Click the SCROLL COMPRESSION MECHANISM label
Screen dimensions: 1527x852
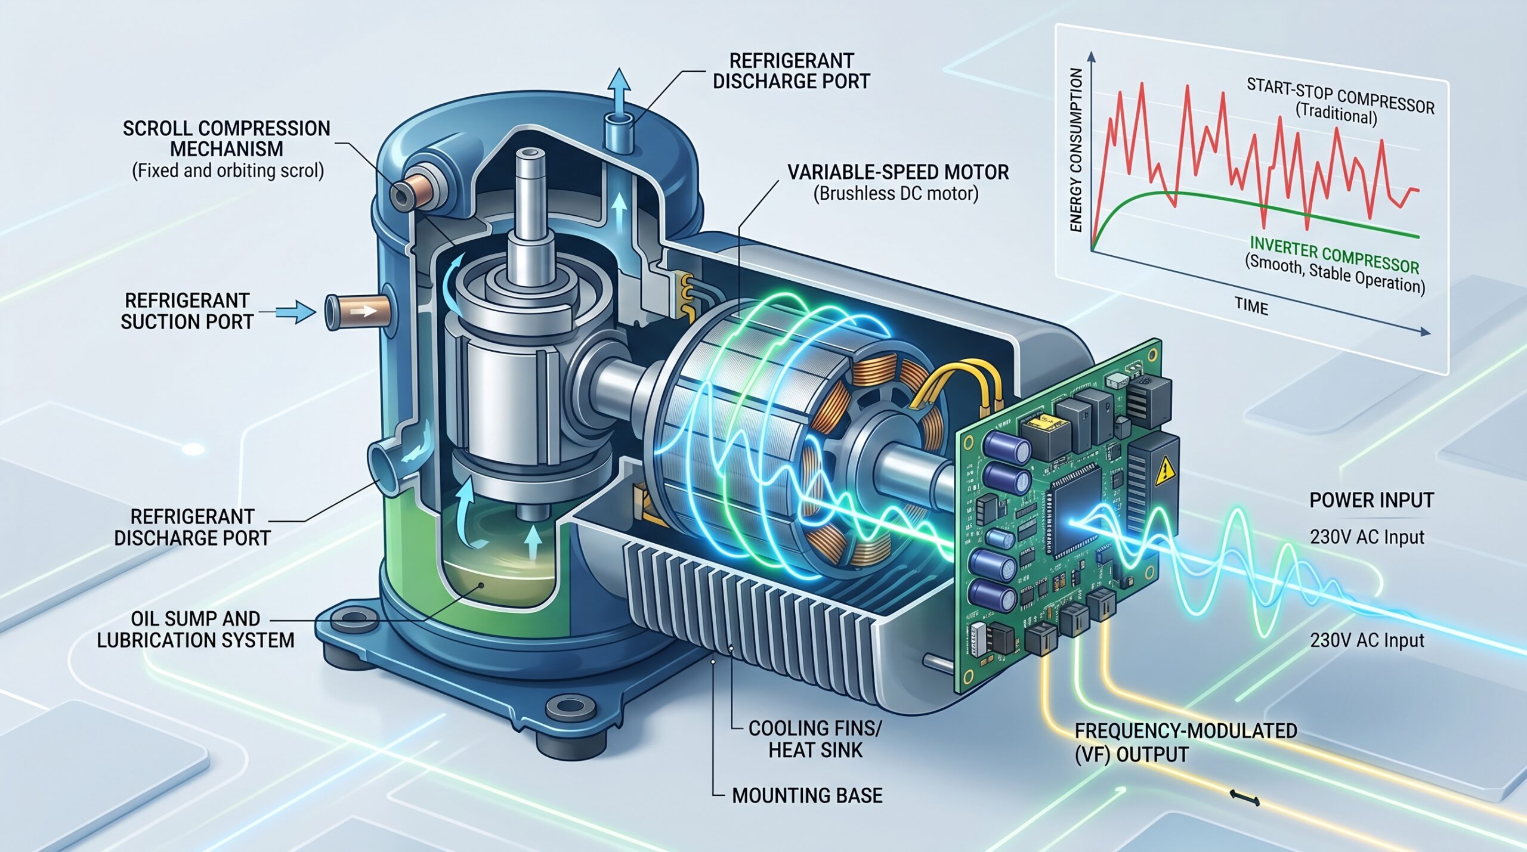click(x=226, y=138)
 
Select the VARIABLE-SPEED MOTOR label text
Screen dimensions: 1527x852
click(x=898, y=172)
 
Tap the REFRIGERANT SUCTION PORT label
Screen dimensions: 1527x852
click(x=187, y=311)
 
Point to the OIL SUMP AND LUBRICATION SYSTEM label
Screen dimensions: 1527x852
click(x=196, y=629)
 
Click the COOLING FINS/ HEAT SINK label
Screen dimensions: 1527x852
click(x=815, y=739)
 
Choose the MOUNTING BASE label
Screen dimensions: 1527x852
click(x=807, y=795)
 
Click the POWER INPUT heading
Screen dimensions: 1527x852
click(x=1371, y=500)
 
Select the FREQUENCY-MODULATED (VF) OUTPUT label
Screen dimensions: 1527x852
click(x=1186, y=742)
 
